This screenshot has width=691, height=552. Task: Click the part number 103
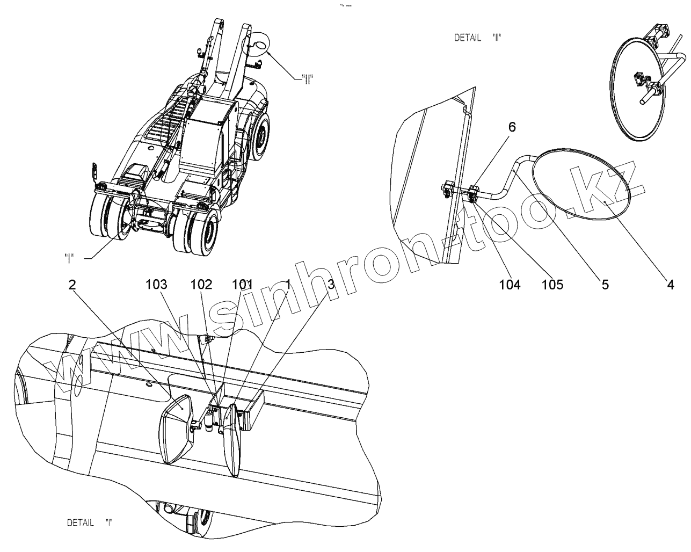pos(156,285)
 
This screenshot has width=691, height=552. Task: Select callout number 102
pos(201,285)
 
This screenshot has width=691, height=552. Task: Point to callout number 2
pos(72,285)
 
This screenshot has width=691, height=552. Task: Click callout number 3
pos(331,285)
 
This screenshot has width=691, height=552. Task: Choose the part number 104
pos(510,285)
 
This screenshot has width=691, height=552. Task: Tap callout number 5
pos(605,285)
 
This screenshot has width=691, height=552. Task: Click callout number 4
pos(670,285)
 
